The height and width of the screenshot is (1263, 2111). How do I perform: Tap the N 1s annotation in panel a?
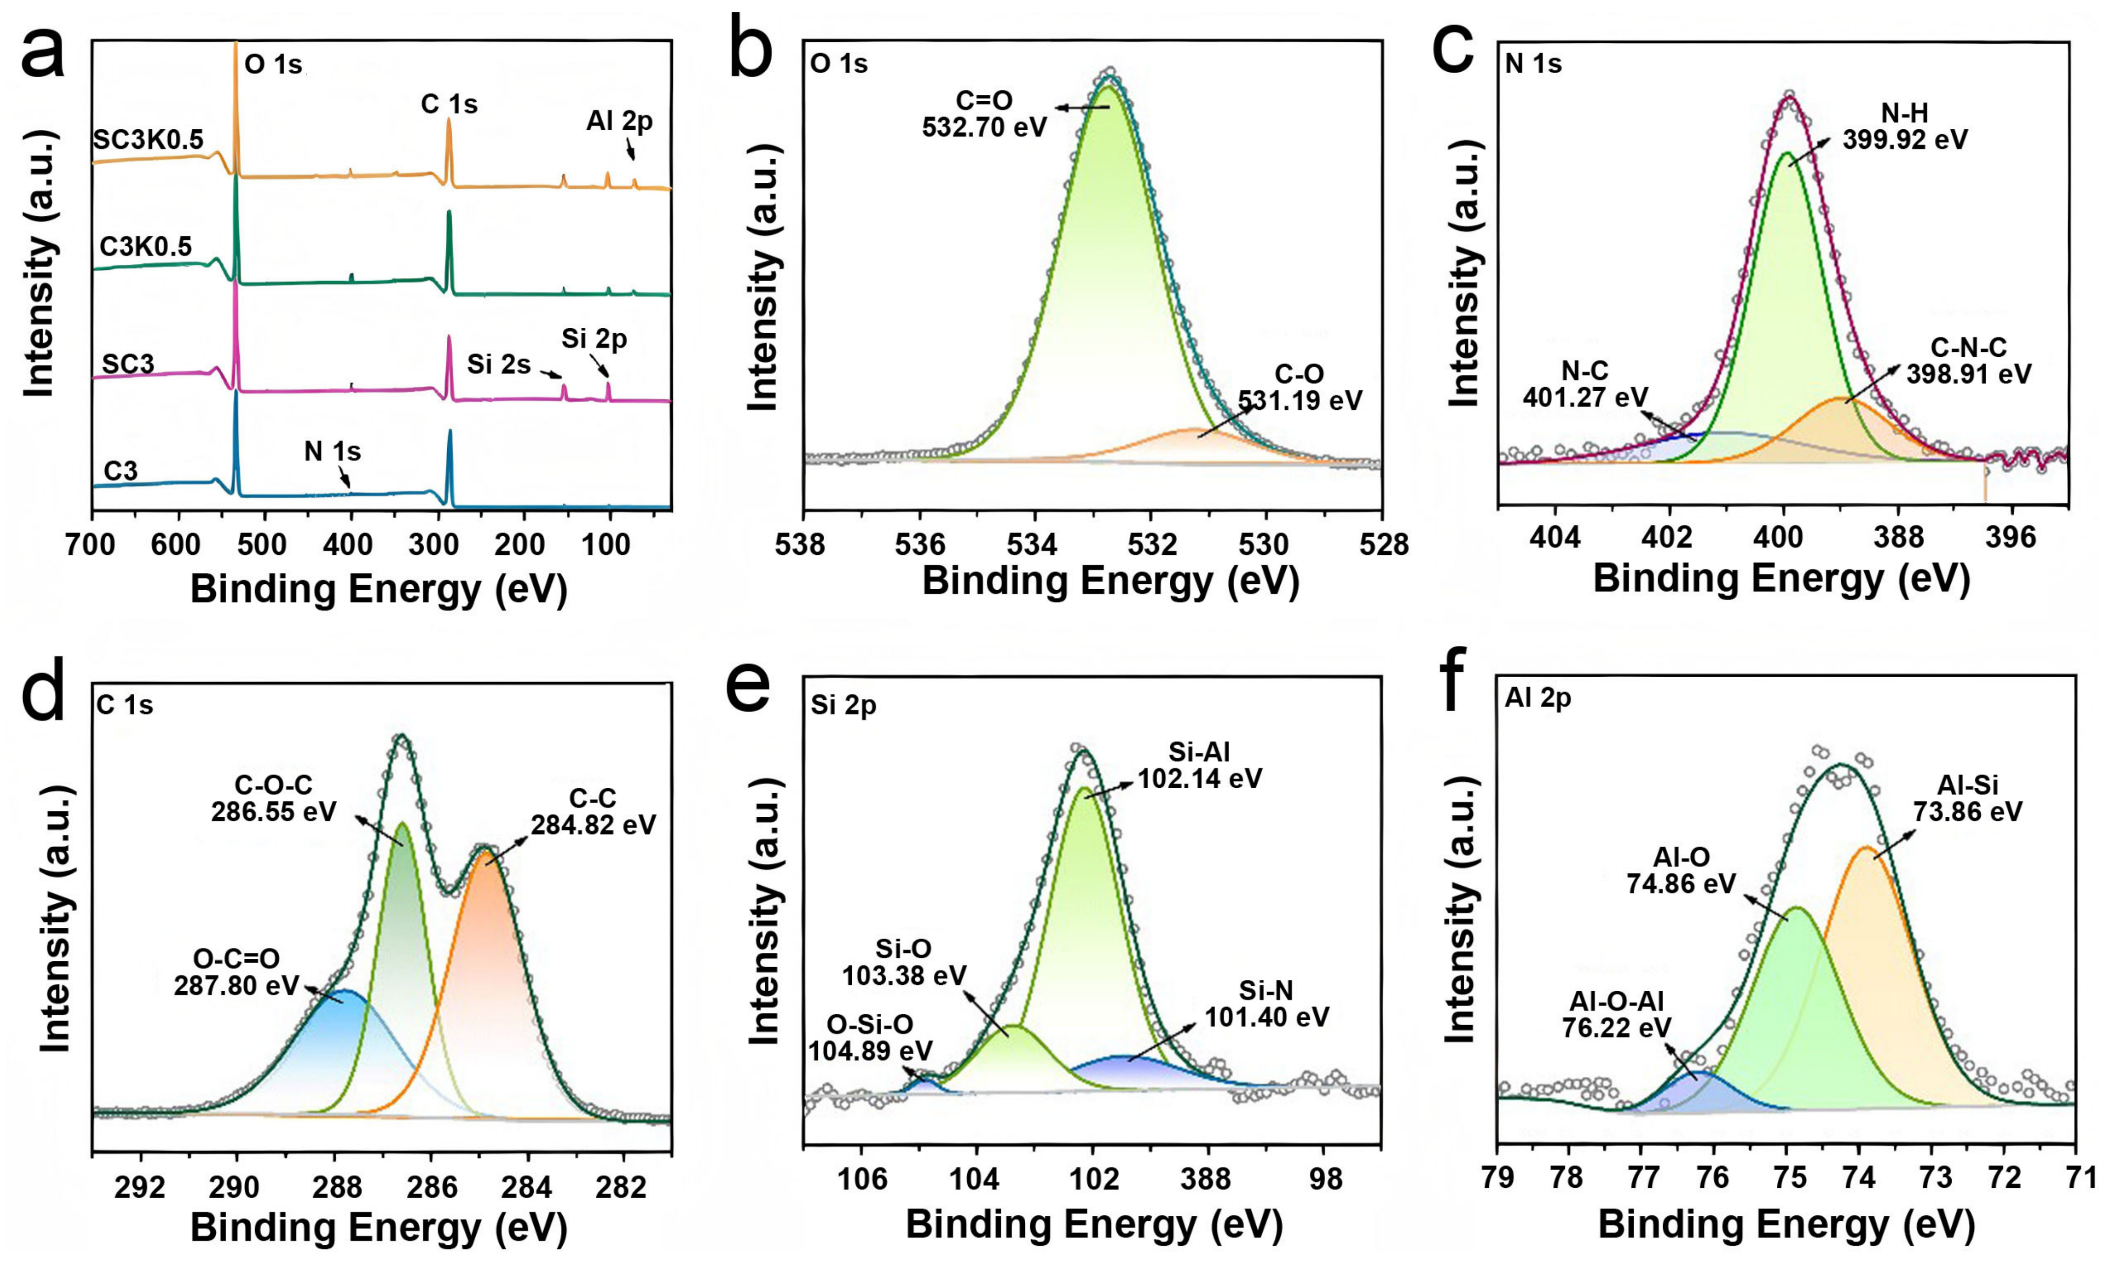(x=332, y=451)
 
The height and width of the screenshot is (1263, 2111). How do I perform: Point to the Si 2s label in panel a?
(x=499, y=365)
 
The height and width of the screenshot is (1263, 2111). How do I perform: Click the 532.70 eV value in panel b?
(x=984, y=128)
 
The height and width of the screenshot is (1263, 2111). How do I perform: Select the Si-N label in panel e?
(x=1267, y=990)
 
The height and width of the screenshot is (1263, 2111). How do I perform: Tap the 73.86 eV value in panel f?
(x=1967, y=811)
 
